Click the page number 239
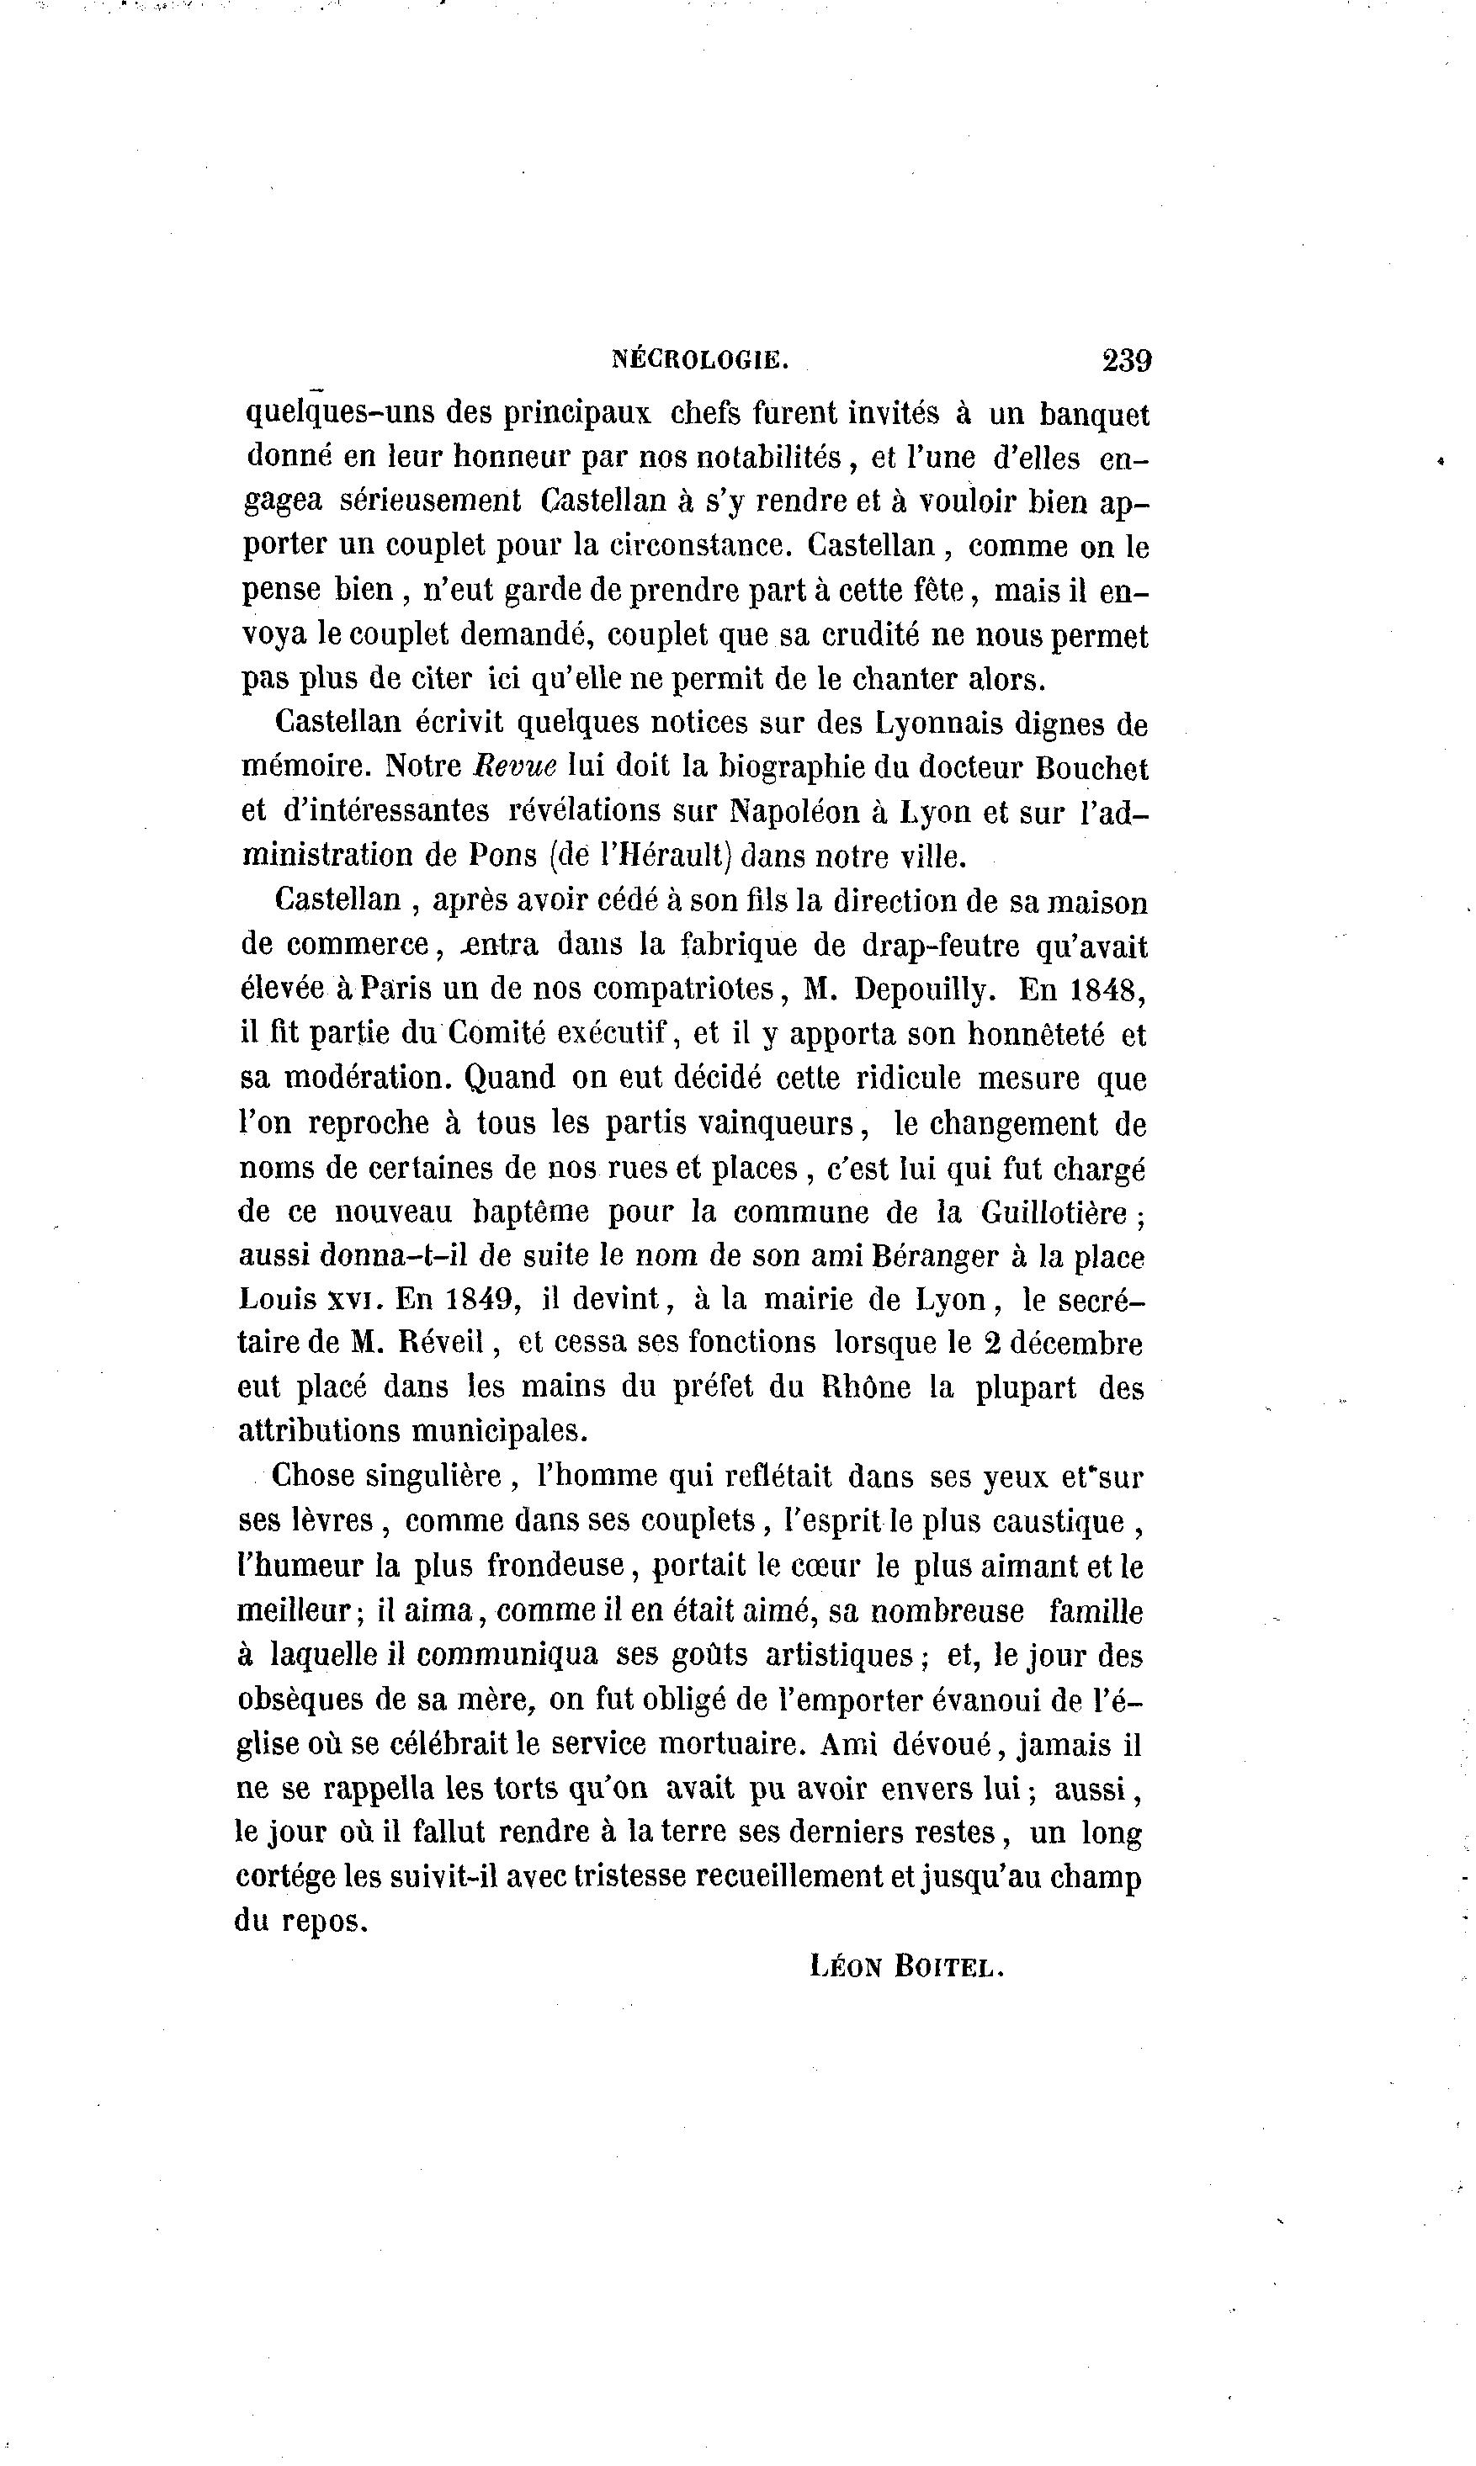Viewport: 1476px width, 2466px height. click(x=1126, y=359)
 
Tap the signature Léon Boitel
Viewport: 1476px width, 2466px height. click(x=907, y=1966)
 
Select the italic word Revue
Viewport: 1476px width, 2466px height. click(x=514, y=766)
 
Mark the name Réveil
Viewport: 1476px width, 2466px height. click(x=443, y=1344)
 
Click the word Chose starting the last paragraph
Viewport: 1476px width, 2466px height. click(x=312, y=1476)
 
